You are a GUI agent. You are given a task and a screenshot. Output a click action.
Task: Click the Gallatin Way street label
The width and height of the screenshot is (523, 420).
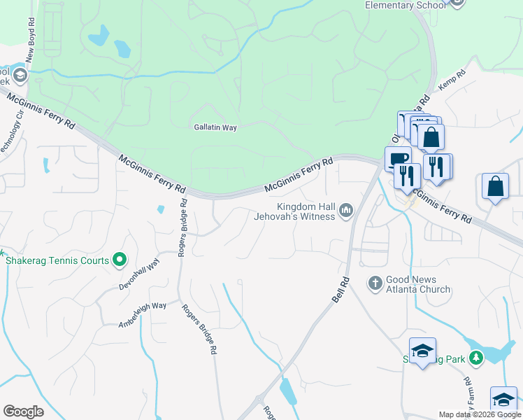point(215,127)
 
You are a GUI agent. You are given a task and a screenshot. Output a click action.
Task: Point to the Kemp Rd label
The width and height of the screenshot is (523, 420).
point(452,81)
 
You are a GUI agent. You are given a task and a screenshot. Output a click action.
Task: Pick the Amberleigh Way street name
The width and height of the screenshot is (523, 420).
point(143,315)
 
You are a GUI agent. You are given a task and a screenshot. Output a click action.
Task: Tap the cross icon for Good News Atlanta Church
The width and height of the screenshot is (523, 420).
point(375,283)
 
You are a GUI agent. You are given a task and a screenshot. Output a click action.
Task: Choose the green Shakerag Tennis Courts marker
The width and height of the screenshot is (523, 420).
point(120,260)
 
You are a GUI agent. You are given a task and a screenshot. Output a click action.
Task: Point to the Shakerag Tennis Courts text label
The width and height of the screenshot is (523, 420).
point(57,260)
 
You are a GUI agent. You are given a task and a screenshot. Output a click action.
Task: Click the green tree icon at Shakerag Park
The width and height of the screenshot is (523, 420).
point(476,358)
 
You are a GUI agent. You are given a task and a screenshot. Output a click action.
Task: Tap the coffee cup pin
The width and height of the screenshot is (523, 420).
point(397,158)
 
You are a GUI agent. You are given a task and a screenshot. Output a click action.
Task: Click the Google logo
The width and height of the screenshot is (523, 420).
point(23,412)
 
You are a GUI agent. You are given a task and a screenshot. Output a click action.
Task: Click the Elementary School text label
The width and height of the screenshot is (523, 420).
point(405,6)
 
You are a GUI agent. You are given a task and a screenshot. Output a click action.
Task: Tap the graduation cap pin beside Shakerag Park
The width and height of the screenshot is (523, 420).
point(422,351)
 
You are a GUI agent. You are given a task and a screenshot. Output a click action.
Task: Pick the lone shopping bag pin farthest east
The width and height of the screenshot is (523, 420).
point(495,186)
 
